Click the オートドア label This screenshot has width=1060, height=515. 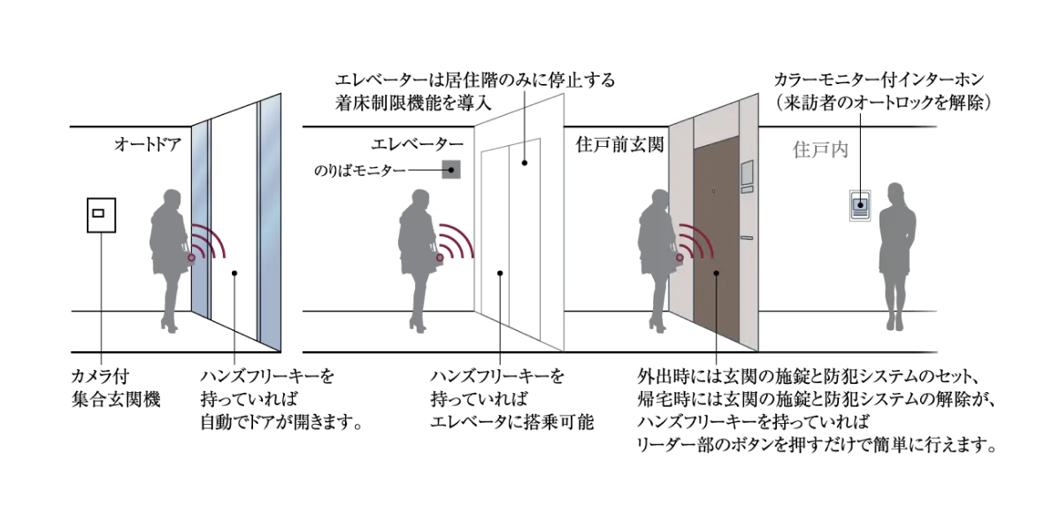coord(148,144)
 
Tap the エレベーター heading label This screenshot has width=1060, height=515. coord(417,144)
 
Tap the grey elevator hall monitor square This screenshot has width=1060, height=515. coord(451,169)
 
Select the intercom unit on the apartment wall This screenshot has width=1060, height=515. coord(860,205)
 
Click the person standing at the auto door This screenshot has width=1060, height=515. coord(168,260)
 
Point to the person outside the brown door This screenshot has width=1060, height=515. coord(658,260)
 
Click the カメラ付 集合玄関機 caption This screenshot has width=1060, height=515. coord(116,388)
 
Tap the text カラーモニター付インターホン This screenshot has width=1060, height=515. coord(881,81)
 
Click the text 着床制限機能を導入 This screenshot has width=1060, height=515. coord(417,104)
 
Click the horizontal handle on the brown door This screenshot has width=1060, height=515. coord(746,238)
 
